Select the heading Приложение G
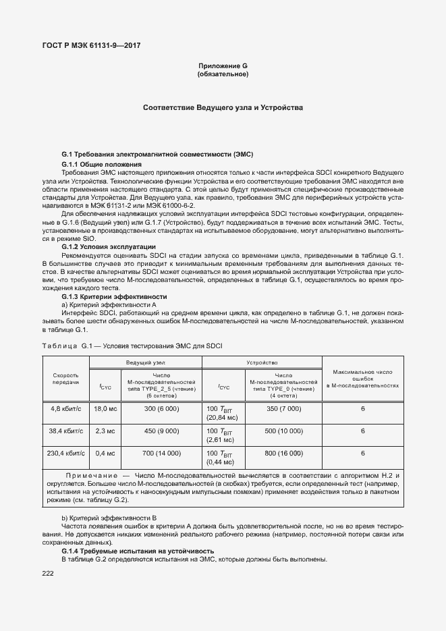point(223,65)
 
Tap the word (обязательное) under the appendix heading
point(223,74)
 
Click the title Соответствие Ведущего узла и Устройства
point(223,108)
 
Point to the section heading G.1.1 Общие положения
point(101,164)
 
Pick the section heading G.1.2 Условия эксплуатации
point(109,247)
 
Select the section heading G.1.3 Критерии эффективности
point(114,297)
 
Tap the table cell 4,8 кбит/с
point(66,409)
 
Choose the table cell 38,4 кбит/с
point(66,431)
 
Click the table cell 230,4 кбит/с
point(66,453)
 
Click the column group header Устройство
point(262,362)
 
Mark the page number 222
point(48,573)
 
